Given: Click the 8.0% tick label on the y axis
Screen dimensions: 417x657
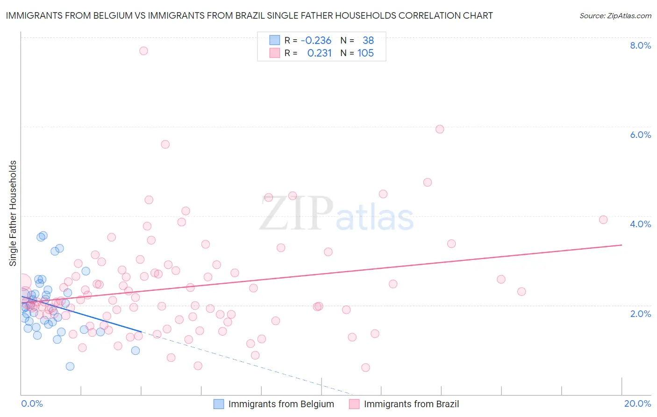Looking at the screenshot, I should click(x=640, y=45).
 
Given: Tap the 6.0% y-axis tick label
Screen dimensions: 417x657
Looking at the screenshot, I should click(x=640, y=135).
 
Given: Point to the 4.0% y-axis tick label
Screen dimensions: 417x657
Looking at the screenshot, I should click(x=640, y=224).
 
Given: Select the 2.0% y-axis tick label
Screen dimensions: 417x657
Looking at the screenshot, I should click(x=640, y=314).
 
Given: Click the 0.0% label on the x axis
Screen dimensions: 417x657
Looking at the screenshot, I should click(x=32, y=403).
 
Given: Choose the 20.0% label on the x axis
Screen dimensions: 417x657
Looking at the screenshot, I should click(x=637, y=403).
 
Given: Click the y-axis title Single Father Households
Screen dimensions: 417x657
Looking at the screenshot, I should click(x=13, y=213).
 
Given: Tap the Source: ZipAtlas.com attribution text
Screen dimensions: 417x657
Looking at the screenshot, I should click(x=615, y=15).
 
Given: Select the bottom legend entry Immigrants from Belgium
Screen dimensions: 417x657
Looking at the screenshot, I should click(x=281, y=404).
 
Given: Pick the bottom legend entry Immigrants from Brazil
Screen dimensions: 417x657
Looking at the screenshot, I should click(x=411, y=404).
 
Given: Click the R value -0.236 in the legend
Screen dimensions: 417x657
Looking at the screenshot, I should click(x=316, y=41).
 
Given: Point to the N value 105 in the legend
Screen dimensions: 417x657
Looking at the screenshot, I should click(x=365, y=53).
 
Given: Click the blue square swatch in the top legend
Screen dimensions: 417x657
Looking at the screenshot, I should click(x=274, y=40).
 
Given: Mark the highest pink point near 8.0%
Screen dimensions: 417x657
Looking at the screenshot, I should click(x=143, y=50).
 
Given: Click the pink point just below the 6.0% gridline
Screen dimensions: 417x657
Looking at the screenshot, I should click(x=440, y=129).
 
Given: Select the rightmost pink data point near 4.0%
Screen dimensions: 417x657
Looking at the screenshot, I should click(x=603, y=220).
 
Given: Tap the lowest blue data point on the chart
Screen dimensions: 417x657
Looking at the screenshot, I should click(x=70, y=366).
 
